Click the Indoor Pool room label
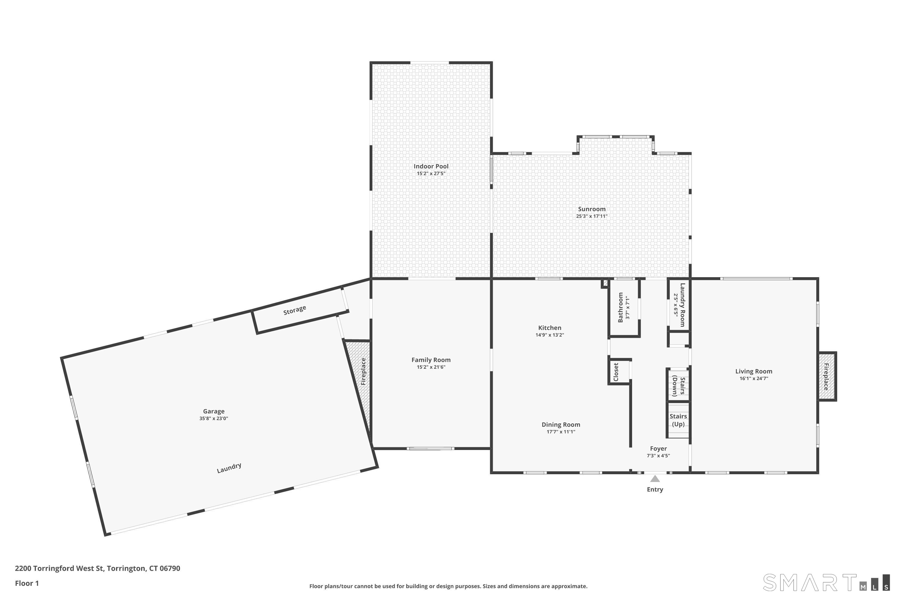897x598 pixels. click(431, 166)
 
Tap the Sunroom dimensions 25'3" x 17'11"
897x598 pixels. click(591, 216)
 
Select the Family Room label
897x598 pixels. click(431, 360)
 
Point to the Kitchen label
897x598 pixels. click(550, 328)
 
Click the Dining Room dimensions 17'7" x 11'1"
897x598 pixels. click(561, 432)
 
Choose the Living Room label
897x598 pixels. click(753, 371)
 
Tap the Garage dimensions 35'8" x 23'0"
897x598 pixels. click(213, 418)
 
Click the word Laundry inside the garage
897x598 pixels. click(229, 468)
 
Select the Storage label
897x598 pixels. click(295, 310)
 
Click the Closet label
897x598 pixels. click(616, 372)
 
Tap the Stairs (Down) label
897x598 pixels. click(678, 386)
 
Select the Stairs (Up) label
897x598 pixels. click(678, 420)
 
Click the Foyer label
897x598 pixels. click(658, 448)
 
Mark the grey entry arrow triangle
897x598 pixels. click(655, 479)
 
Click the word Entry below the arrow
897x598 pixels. click(655, 489)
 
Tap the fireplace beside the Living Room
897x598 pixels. click(827, 376)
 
